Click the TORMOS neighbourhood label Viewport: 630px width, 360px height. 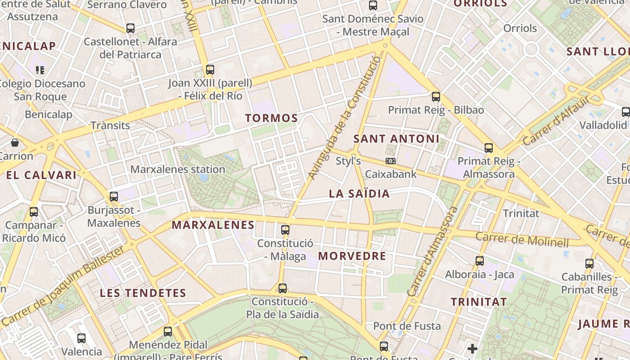[x=271, y=118]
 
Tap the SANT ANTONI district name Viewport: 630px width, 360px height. [x=396, y=139]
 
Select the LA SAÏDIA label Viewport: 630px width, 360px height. [x=359, y=194]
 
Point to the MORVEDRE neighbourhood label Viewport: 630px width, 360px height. [x=352, y=256]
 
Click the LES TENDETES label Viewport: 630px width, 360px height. [x=143, y=293]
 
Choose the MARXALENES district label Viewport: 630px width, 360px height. [x=213, y=225]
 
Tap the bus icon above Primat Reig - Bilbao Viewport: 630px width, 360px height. [x=436, y=96]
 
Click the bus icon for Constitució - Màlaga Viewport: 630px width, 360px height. [x=285, y=230]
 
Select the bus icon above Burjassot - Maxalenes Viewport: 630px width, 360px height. [x=114, y=196]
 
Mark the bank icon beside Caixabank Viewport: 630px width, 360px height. [x=391, y=161]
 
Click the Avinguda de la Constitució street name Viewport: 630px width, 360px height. [x=345, y=118]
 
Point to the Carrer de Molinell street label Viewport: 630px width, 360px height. [x=522, y=239]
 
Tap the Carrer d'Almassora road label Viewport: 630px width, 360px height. [x=433, y=252]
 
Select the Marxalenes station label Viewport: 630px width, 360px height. [x=178, y=170]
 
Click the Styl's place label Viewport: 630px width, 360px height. [x=348, y=161]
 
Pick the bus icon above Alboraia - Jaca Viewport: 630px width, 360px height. [x=480, y=261]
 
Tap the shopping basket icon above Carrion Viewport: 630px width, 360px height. [x=15, y=143]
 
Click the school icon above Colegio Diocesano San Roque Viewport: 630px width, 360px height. [x=40, y=70]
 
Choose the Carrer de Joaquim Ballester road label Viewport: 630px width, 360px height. [x=63, y=285]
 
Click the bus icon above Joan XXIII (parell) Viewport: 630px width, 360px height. [x=210, y=69]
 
